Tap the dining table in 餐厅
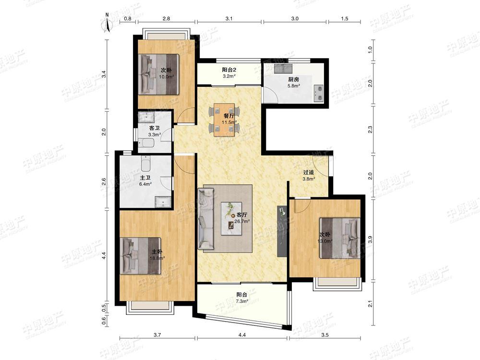(224, 120)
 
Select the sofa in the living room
(206, 219)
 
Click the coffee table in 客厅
(231, 218)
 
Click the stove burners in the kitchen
(318, 93)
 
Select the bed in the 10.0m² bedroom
(159, 74)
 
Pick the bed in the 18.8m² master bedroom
(142, 256)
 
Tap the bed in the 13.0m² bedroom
(340, 238)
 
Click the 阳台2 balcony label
(229, 70)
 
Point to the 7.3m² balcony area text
(242, 301)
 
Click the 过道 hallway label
(309, 173)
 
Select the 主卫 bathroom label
(145, 178)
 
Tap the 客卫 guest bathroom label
(154, 128)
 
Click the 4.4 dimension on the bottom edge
(242, 335)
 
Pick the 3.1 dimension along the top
(229, 18)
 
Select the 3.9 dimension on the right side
(370, 240)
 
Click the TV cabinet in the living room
(282, 231)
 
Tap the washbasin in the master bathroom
(163, 202)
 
